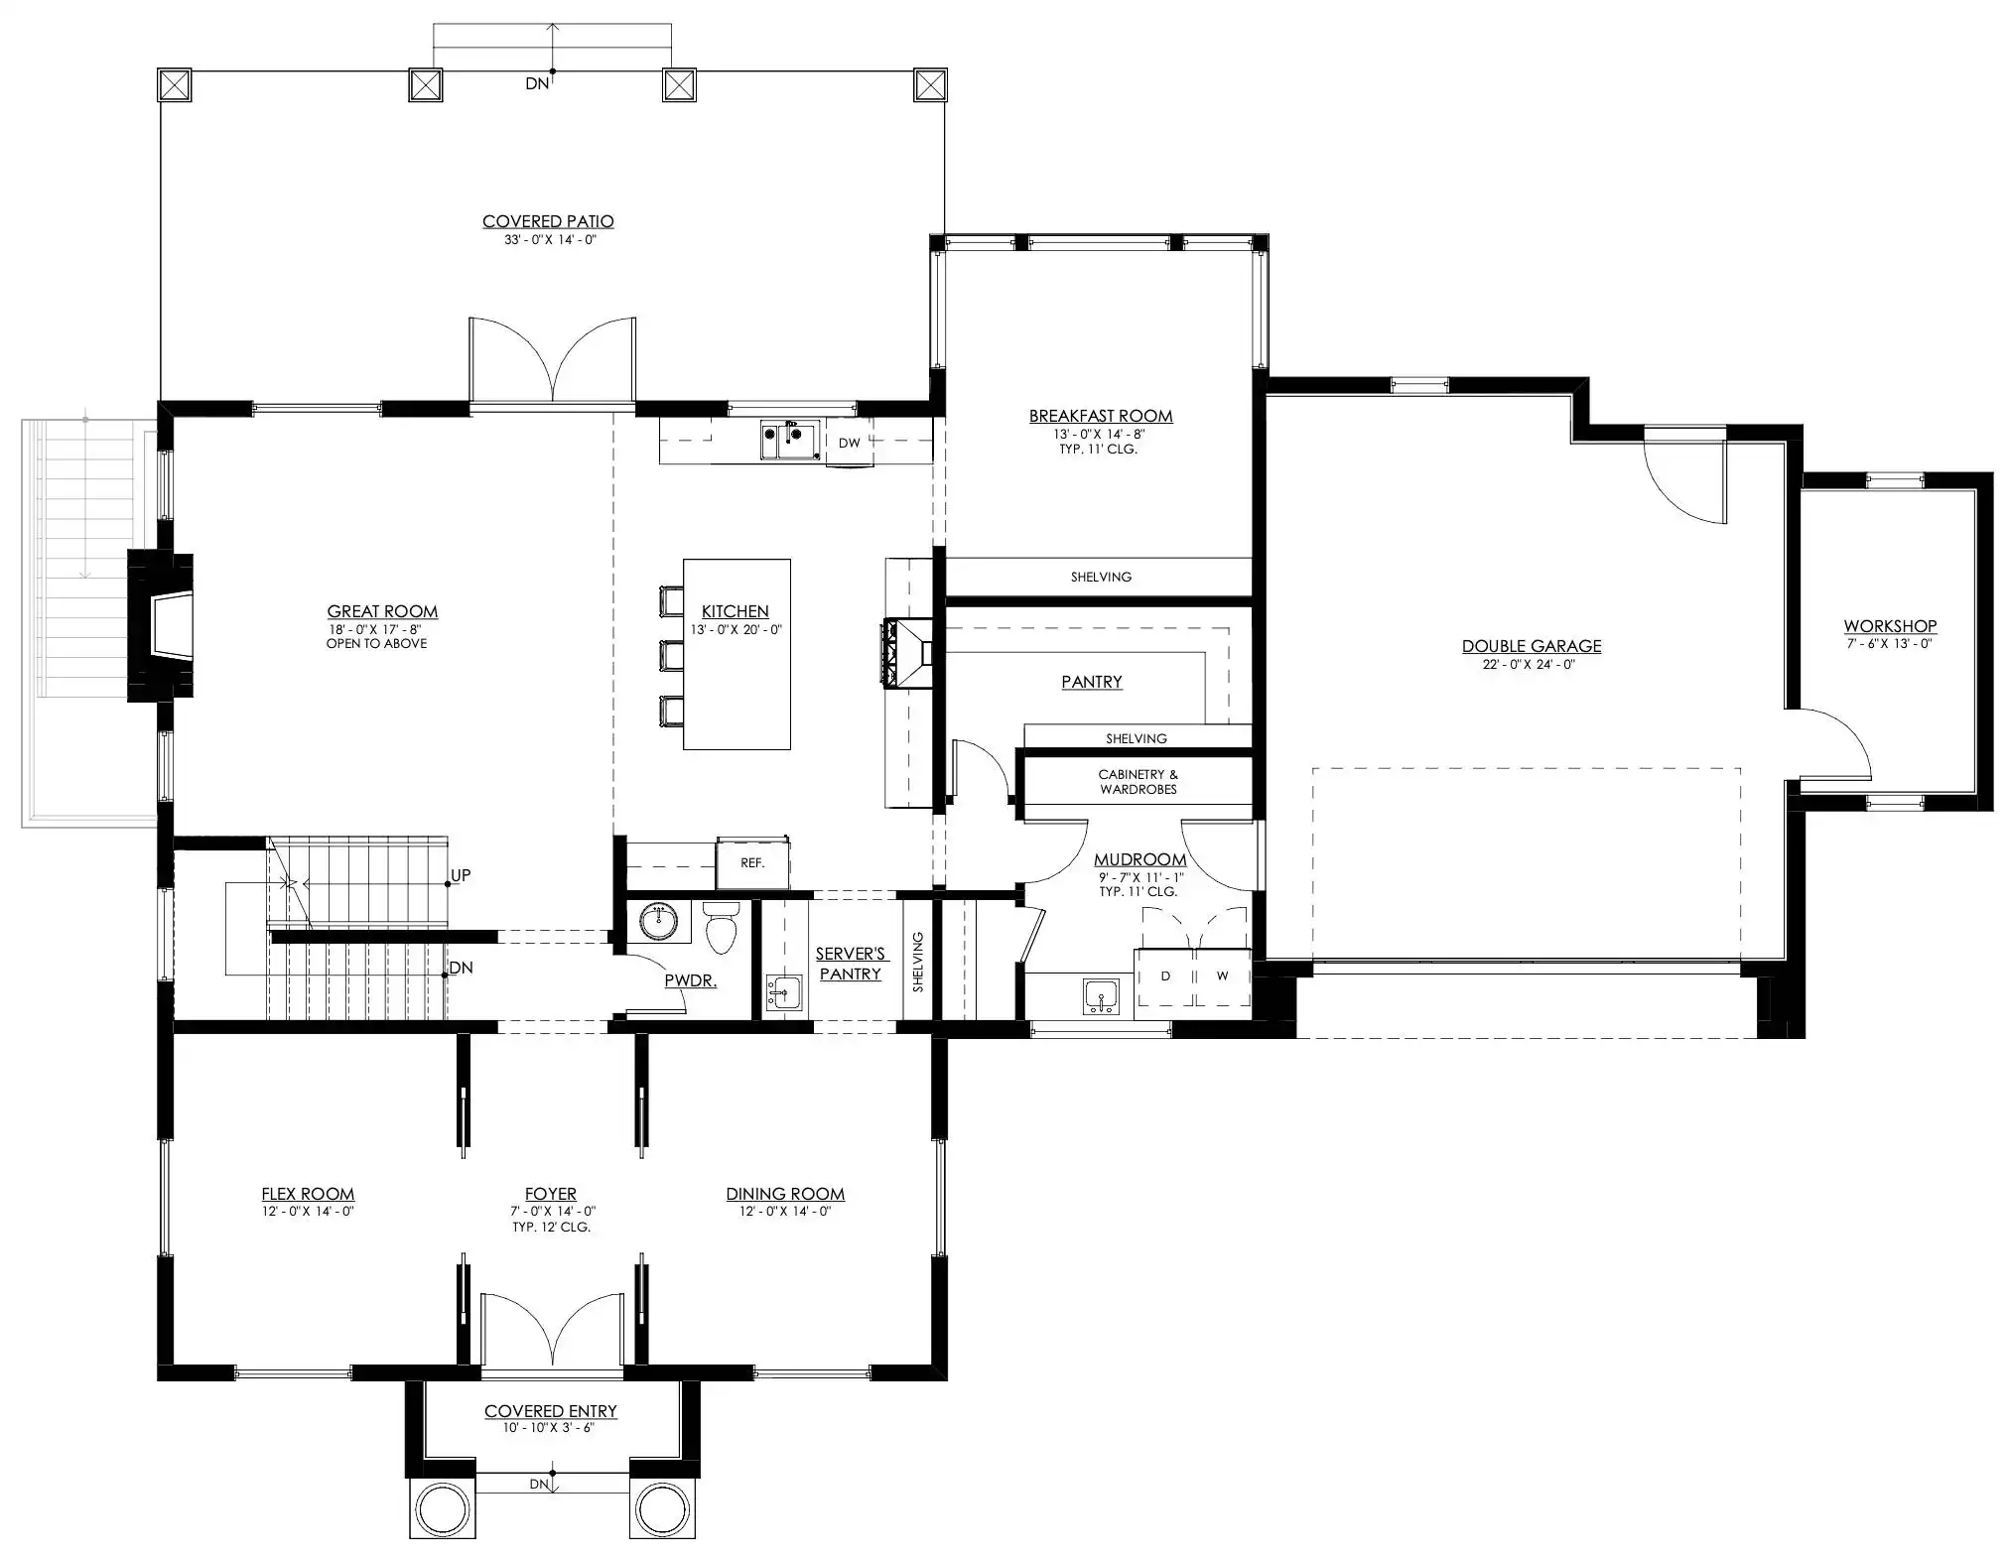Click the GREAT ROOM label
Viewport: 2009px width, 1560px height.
382,611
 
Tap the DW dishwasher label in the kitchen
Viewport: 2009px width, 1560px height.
849,443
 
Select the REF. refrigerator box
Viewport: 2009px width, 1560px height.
752,863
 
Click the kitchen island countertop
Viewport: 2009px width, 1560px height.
737,654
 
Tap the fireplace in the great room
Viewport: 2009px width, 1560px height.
161,626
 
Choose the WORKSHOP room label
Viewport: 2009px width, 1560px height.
1890,626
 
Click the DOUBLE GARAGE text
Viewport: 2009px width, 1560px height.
1532,646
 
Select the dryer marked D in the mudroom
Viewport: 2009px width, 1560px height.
1165,976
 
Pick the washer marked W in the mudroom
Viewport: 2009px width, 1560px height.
1222,976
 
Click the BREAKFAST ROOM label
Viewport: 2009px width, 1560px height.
1101,416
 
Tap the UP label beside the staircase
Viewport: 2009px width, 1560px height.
461,875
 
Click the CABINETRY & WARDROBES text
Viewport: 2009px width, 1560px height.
1138,782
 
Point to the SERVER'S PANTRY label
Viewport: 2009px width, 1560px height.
851,964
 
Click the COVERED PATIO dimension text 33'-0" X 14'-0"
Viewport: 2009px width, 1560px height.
549,239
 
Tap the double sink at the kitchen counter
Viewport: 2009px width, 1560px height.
790,441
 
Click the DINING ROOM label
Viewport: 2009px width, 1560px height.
785,1194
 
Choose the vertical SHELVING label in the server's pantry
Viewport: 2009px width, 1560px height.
918,962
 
